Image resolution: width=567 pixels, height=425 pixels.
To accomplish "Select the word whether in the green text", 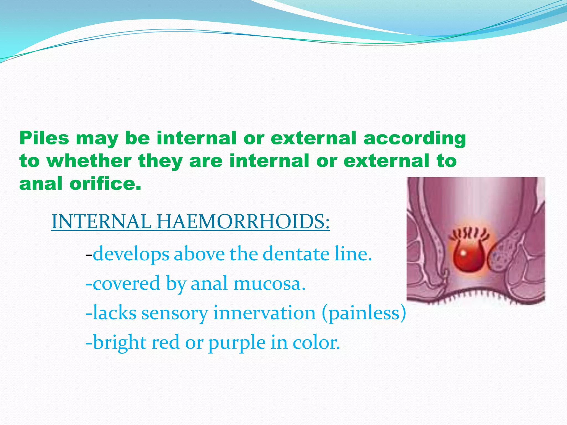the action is tap(89, 161).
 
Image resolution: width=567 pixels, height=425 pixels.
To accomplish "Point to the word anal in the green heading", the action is tap(41, 183).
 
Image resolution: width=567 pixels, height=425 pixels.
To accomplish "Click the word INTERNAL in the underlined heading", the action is tap(101, 221).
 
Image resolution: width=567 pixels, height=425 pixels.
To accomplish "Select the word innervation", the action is tap(265, 313).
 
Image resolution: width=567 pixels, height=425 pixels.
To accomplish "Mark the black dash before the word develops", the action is tap(89, 255).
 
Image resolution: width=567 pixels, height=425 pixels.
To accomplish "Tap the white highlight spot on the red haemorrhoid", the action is tap(463, 253).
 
